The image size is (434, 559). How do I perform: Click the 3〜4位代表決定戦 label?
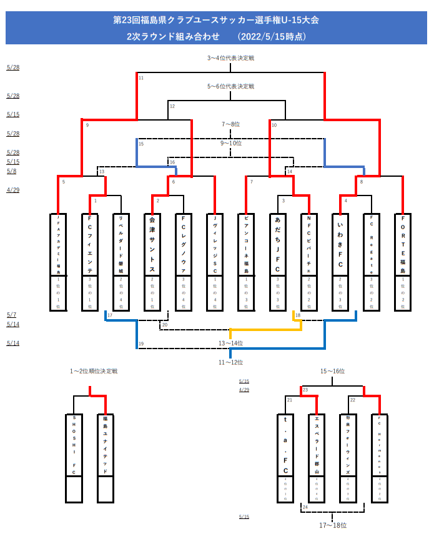230,58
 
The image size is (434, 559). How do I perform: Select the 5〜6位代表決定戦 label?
230,86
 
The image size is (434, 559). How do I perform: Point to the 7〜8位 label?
230,124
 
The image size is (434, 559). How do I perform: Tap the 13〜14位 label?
230,343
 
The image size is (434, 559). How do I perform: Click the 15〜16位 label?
332,371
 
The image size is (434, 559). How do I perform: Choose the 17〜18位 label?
332,525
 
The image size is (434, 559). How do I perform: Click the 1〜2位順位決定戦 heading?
94,371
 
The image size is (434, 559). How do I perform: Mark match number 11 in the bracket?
141,78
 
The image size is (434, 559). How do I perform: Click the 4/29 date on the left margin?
12,189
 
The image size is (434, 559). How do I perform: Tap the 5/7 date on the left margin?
11,315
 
